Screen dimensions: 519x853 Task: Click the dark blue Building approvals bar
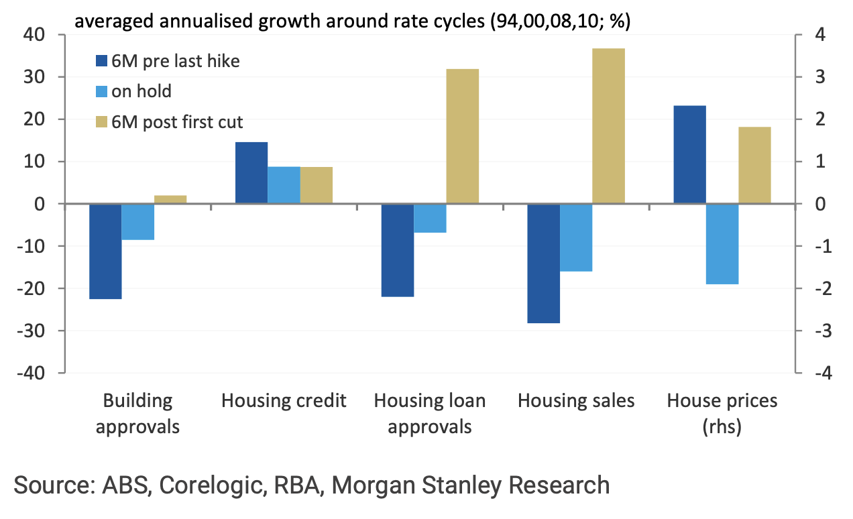pyautogui.click(x=105, y=251)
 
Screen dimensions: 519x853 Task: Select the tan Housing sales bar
pyautogui.click(x=608, y=126)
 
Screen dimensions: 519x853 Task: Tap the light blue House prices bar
pyautogui.click(x=722, y=244)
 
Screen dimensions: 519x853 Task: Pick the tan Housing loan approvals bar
pyautogui.click(x=462, y=136)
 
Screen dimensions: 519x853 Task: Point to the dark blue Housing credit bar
pyautogui.click(x=251, y=173)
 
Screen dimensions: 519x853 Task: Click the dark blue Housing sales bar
pyautogui.click(x=543, y=264)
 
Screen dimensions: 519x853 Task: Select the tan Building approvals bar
pyautogui.click(x=170, y=200)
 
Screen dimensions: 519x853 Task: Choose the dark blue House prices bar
pyautogui.click(x=689, y=155)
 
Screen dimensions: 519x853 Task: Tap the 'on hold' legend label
pyautogui.click(x=141, y=91)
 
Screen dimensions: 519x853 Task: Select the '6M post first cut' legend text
pyautogui.click(x=177, y=121)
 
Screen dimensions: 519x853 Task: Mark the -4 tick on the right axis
pyautogui.click(x=821, y=373)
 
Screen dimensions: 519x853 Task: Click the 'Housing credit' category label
pyautogui.click(x=284, y=402)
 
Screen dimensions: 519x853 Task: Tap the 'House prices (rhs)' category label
pyautogui.click(x=722, y=414)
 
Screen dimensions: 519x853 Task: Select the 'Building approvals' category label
pyautogui.click(x=137, y=414)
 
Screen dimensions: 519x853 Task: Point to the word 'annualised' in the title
pyautogui.click(x=200, y=22)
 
